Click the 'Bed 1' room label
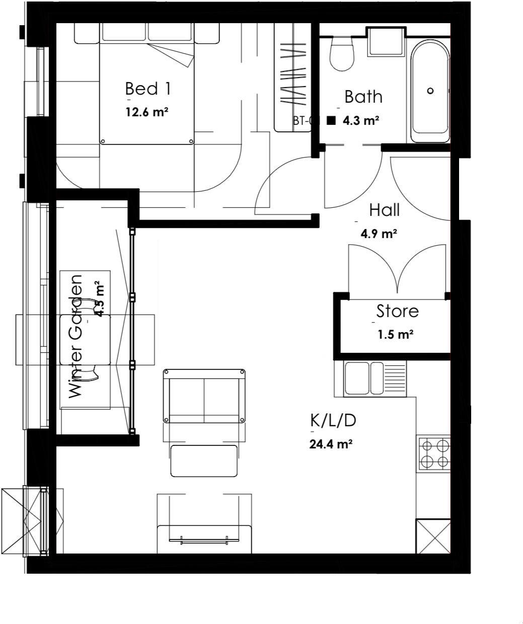pyautogui.click(x=147, y=89)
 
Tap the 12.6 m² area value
pyautogui.click(x=146, y=112)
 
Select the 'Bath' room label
pyautogui.click(x=363, y=97)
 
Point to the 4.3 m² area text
pyautogui.click(x=360, y=121)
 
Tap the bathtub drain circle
pyautogui.click(x=430, y=91)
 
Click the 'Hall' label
pyautogui.click(x=384, y=210)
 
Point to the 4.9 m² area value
pyautogui.click(x=379, y=233)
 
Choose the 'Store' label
pyautogui.click(x=397, y=311)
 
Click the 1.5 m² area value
pyautogui.click(x=395, y=334)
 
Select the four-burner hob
pyautogui.click(x=434, y=453)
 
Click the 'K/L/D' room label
pyautogui.click(x=333, y=420)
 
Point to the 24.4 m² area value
pyautogui.click(x=330, y=444)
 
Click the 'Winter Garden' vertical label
pyautogui.click(x=75, y=336)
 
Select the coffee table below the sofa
pyautogui.click(x=204, y=460)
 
